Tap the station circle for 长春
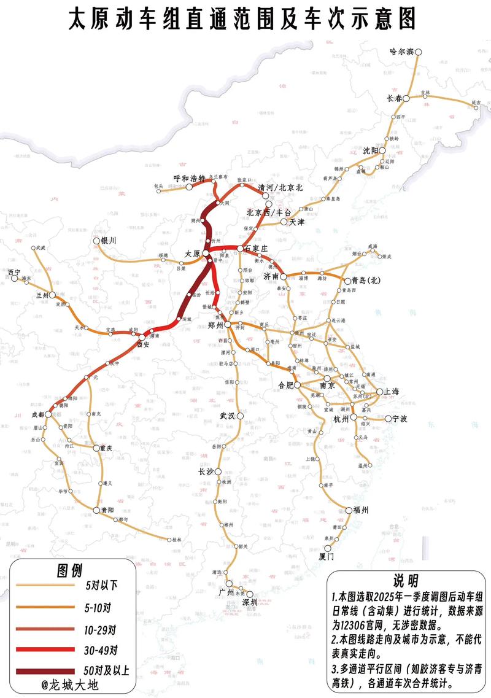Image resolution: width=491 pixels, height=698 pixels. click(x=406, y=97)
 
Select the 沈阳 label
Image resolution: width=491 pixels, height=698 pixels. click(x=369, y=150)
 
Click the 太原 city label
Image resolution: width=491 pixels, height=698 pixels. click(x=193, y=254)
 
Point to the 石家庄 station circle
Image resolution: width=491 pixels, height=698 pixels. click(x=240, y=249)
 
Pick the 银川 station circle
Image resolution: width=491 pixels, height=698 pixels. click(x=96, y=242)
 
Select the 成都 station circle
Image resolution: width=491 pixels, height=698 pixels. click(x=48, y=415)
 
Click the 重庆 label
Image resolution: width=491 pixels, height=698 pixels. click(x=106, y=448)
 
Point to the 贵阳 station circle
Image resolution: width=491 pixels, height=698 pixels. click(x=96, y=510)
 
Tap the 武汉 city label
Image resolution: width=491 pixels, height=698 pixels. click(x=228, y=416)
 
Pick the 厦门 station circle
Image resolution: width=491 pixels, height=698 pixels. click(x=328, y=548)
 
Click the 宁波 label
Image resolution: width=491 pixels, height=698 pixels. click(x=400, y=419)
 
